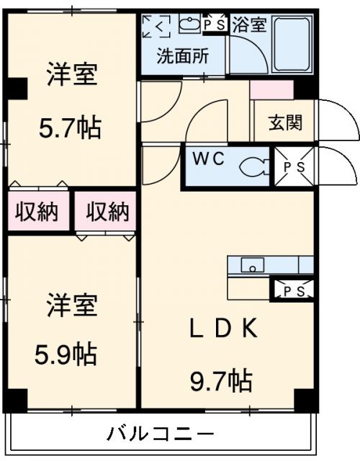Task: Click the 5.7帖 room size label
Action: pyautogui.click(x=70, y=128)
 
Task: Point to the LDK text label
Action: pyautogui.click(x=222, y=328)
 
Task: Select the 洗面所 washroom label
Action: pyautogui.click(x=184, y=55)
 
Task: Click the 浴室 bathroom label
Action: pyautogui.click(x=249, y=24)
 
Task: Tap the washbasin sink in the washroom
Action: pyautogui.click(x=189, y=24)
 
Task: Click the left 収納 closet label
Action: pyautogui.click(x=38, y=211)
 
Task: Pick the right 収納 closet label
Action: pyautogui.click(x=107, y=211)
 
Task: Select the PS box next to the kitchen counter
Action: pyautogui.click(x=292, y=291)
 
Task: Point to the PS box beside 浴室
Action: pyautogui.click(x=214, y=24)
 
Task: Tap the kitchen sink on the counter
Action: pyautogui.click(x=253, y=265)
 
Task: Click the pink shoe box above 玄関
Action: pyautogui.click(x=271, y=90)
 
